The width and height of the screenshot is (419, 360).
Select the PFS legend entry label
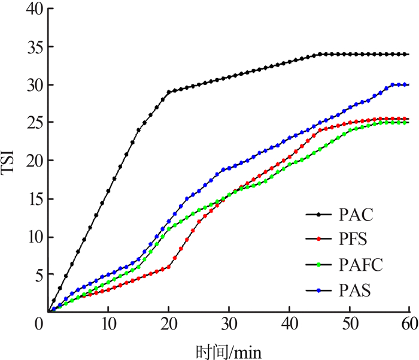pos(353,240)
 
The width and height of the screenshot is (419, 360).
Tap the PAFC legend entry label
pos(359,265)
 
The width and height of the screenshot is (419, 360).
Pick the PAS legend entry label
pos(353,291)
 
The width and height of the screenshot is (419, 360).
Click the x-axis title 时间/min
pos(228,349)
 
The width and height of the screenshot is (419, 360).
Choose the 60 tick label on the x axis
pos(409,324)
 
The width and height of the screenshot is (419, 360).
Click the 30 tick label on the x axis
pos(228,324)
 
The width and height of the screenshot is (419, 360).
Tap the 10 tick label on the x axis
pos(108,324)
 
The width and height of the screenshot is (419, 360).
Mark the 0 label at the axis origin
pos(37,324)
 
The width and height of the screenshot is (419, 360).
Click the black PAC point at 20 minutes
pos(169,92)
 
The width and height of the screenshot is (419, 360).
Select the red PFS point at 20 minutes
pos(169,267)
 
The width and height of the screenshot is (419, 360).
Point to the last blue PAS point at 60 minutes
pos(407,84)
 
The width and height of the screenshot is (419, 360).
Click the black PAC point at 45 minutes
pos(319,54)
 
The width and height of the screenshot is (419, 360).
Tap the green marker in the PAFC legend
pos(319,265)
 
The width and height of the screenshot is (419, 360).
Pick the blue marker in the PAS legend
pos(319,291)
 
